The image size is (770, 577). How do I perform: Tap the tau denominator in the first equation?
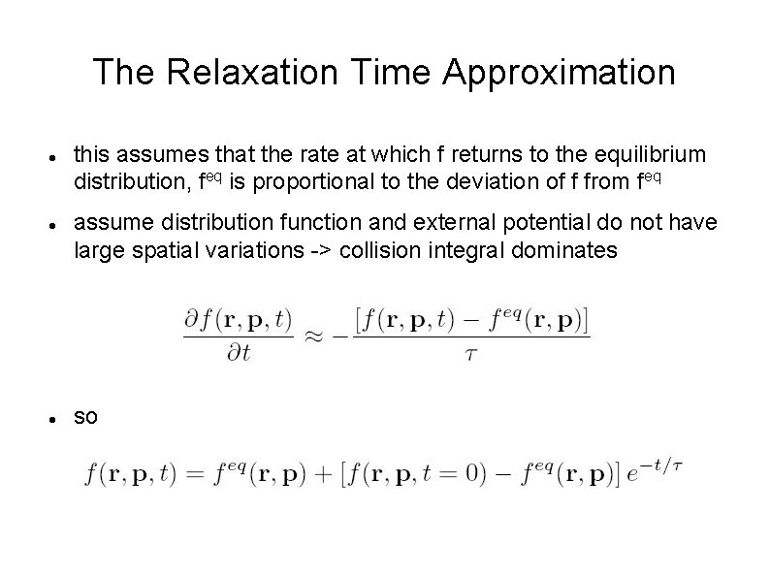(472, 354)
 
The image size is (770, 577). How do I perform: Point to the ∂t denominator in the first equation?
(238, 354)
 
